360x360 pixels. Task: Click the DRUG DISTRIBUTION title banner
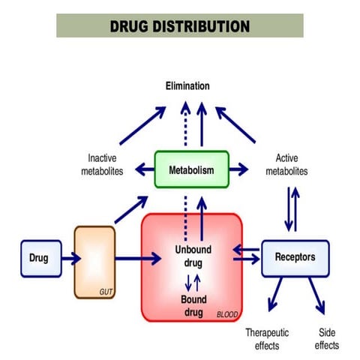coord(180,25)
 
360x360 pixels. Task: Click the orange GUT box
coord(94,262)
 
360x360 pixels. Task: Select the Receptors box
coord(295,258)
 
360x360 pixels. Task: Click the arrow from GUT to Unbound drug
coord(138,259)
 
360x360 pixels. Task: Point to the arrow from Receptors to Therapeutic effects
coord(273,297)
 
